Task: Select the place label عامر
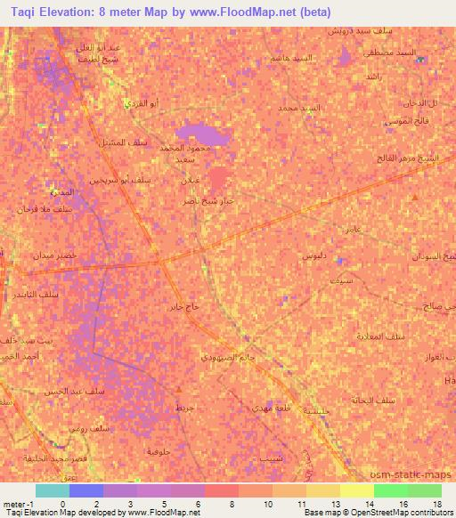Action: (351, 230)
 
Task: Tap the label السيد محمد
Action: (297, 108)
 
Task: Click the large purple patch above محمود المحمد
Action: (203, 135)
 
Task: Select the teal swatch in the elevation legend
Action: (52, 490)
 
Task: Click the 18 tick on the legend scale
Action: (436, 505)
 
